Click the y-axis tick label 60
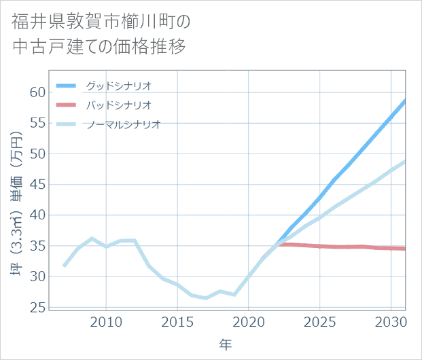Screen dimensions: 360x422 tap(37, 92)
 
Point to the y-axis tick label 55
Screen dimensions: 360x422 tap(37, 123)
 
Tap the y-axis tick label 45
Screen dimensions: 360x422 tap(37, 184)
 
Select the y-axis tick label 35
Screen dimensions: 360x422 tap(37, 246)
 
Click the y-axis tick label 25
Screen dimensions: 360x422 tap(37, 307)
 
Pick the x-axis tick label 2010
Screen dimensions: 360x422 tap(106, 321)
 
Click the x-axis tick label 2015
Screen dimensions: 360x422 tap(177, 321)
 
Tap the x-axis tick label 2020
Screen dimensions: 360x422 tap(249, 321)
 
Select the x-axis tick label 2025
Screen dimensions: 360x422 tap(320, 321)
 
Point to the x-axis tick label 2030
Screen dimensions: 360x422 tap(391, 321)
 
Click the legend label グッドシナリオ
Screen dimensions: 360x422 tap(119, 86)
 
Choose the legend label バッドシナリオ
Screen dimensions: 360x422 tap(119, 105)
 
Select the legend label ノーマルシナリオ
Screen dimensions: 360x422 tap(124, 124)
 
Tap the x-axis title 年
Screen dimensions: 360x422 tap(226, 344)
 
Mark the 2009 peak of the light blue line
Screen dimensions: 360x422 tap(92, 238)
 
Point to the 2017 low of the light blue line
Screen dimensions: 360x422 tap(206, 298)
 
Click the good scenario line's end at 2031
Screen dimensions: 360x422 tap(405, 101)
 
